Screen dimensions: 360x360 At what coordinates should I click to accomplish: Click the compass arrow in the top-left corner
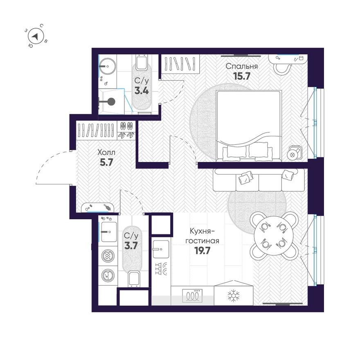[36, 36]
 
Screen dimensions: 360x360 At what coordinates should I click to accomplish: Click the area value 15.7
[241, 76]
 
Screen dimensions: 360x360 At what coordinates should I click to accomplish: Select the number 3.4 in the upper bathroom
[142, 90]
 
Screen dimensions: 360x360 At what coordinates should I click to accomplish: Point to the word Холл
[106, 152]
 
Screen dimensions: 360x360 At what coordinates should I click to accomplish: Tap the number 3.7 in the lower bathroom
[131, 245]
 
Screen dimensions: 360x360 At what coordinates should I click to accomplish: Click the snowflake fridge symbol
[233, 295]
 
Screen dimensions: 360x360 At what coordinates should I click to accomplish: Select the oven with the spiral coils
[193, 295]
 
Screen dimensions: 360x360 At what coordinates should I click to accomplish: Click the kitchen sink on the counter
[160, 247]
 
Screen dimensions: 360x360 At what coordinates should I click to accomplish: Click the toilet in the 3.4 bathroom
[141, 63]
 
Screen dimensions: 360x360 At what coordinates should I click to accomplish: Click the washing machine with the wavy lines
[108, 256]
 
